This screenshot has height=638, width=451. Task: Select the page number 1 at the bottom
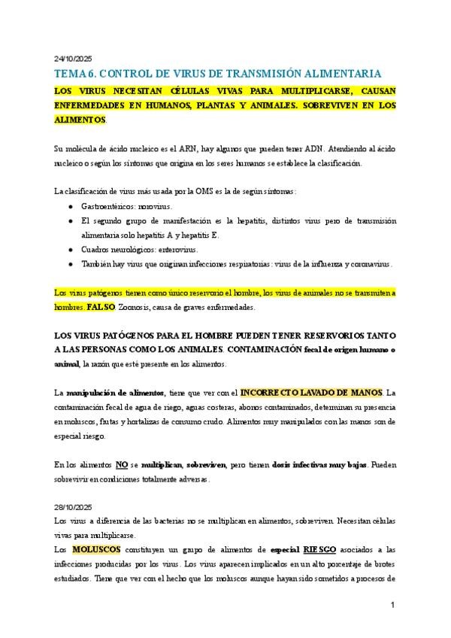[x=392, y=606]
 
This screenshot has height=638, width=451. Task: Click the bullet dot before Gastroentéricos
[x=70, y=206]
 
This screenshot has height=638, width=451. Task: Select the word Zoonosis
[x=134, y=308]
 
